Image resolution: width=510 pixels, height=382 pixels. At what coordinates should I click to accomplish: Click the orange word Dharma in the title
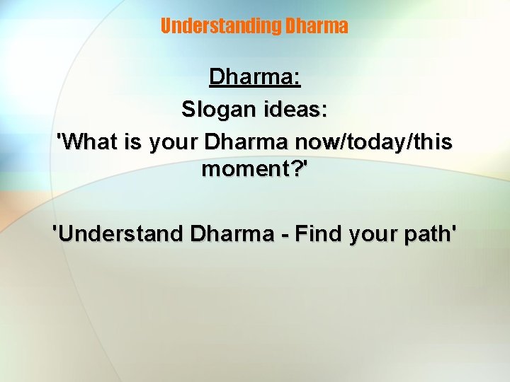coord(316,26)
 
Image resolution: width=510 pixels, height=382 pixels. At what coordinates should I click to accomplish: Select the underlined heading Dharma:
coord(255,78)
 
